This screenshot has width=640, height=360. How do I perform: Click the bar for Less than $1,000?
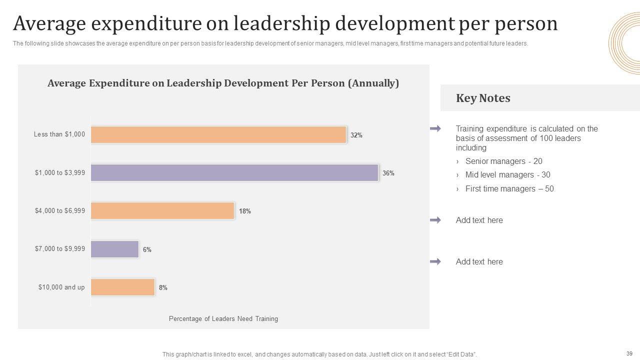coord(218,135)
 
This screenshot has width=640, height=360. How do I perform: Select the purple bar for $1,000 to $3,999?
coord(234,173)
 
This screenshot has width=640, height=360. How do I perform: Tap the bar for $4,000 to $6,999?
coord(162,211)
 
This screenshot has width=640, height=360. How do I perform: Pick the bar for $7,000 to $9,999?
coord(114,249)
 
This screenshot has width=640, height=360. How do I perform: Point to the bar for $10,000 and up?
coord(122,287)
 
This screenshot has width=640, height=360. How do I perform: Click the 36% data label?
coord(388,173)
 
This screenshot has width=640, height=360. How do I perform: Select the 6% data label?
coord(147,249)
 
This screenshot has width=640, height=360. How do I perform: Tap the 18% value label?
coord(245,211)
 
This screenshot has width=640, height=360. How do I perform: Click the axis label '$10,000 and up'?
coord(61,287)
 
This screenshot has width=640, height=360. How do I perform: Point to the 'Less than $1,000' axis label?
coord(59,134)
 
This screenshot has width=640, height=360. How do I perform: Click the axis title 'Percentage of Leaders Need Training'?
coord(223,318)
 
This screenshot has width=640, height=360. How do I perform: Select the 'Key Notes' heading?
coord(483,98)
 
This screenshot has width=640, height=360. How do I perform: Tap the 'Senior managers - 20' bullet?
coord(503,161)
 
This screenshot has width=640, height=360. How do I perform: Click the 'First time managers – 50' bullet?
coord(509,188)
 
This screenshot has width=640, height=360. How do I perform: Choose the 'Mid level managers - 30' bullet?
coord(507,174)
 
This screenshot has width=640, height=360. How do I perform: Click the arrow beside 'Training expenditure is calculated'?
coord(435,129)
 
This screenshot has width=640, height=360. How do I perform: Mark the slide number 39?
coord(629,352)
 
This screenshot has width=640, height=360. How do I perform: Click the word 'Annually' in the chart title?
coord(374,83)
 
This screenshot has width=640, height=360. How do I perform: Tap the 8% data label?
coord(163,287)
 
